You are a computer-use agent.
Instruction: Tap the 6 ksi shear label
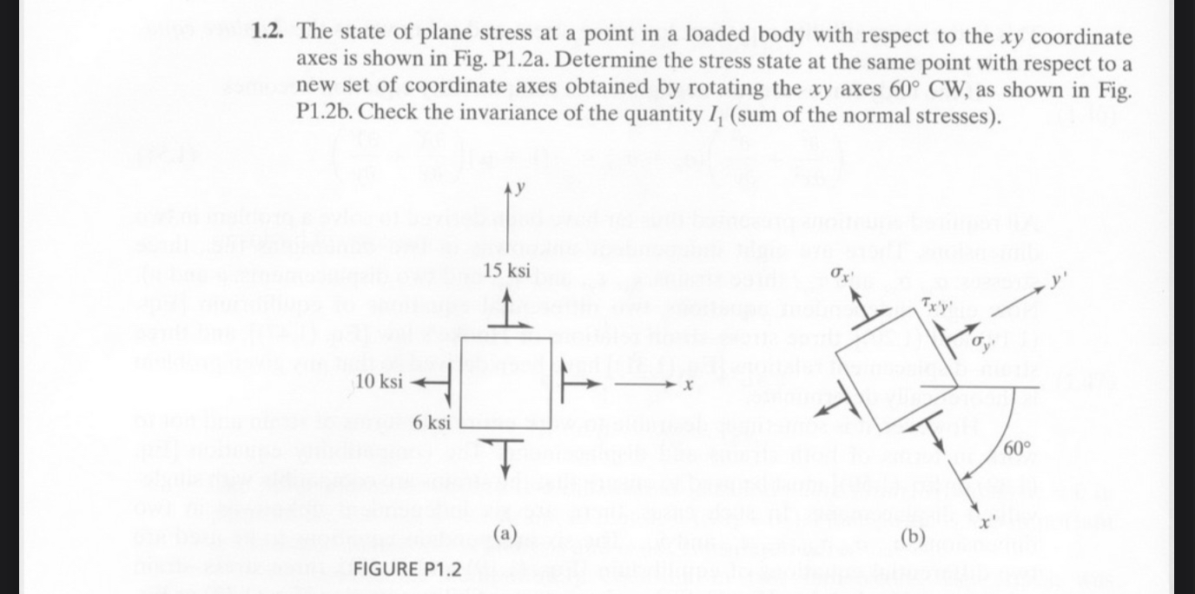[432, 423]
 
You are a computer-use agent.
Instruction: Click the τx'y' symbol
[939, 304]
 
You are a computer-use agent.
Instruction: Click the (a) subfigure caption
[505, 532]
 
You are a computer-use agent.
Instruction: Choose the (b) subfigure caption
[911, 537]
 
